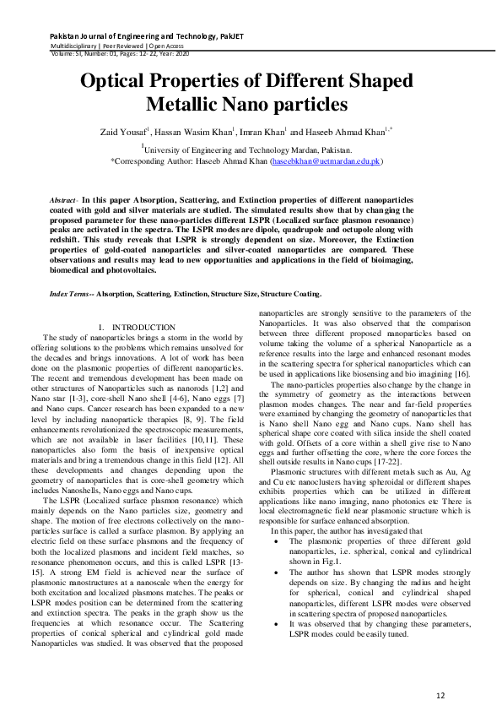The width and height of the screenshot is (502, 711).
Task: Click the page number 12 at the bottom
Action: pyautogui.click(x=440, y=671)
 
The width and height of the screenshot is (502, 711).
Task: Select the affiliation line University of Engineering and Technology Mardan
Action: pyautogui.click(x=252, y=147)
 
